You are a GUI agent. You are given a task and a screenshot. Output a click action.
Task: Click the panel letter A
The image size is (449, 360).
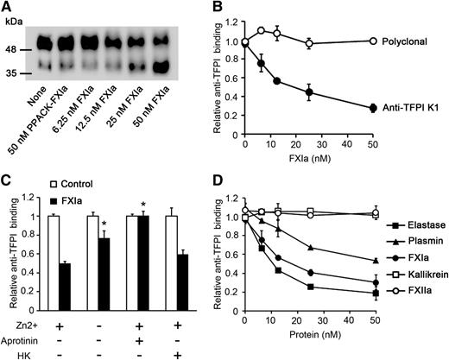pyautogui.click(x=7, y=8)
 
